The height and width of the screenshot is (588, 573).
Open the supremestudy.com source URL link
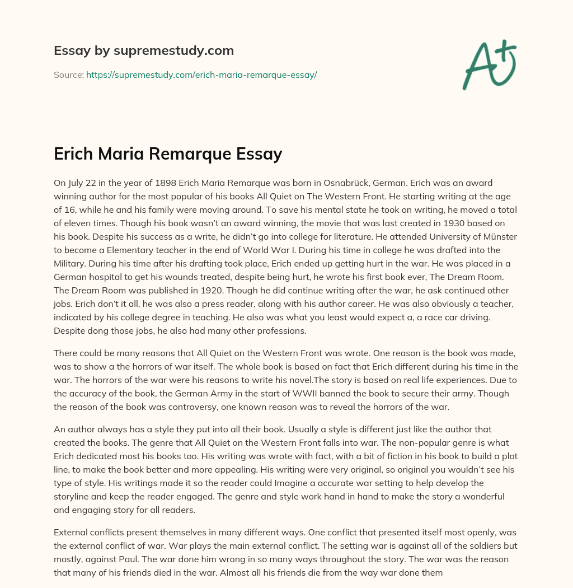click(201, 74)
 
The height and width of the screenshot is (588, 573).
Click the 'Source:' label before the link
click(69, 74)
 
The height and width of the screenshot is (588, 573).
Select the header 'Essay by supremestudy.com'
click(144, 51)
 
